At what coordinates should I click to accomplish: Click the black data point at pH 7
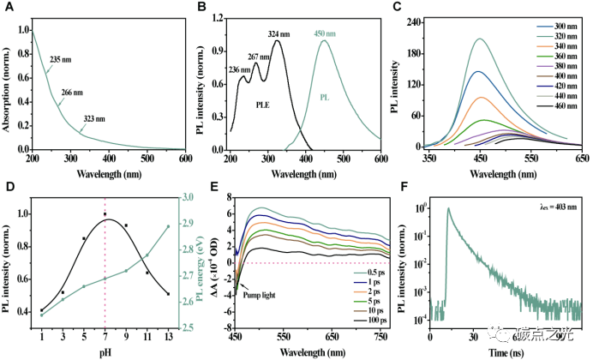click(x=105, y=214)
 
